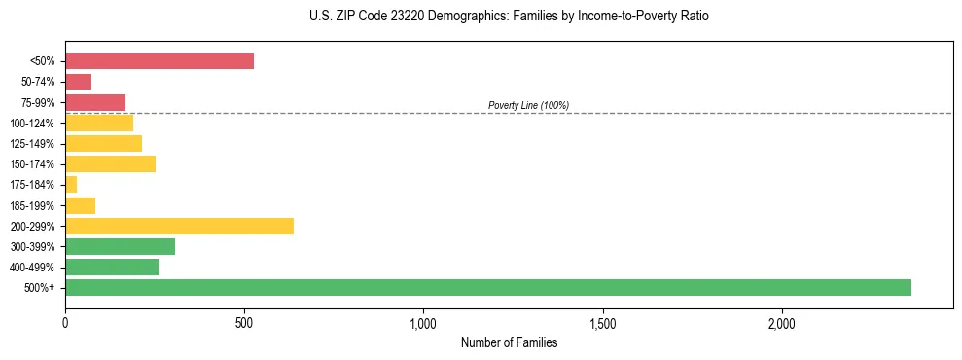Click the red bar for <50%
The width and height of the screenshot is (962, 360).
[160, 61]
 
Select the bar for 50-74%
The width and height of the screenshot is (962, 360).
[79, 82]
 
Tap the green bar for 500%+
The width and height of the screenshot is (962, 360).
[488, 287]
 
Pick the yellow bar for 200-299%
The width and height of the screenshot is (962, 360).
[179, 226]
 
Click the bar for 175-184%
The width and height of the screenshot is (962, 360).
[71, 185]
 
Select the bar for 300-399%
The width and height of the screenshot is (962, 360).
[120, 246]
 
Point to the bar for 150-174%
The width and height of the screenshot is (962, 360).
[110, 163]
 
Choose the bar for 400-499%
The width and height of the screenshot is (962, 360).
[112, 267]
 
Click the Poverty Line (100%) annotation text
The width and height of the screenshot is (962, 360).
[528, 105]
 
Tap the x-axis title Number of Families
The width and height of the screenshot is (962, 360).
[509, 342]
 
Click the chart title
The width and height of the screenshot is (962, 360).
[509, 17]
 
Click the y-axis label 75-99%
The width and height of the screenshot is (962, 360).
[39, 103]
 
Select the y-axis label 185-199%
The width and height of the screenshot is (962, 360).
[34, 205]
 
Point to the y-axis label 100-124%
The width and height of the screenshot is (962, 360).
[34, 124]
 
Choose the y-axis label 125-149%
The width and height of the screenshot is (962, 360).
[34, 144]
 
